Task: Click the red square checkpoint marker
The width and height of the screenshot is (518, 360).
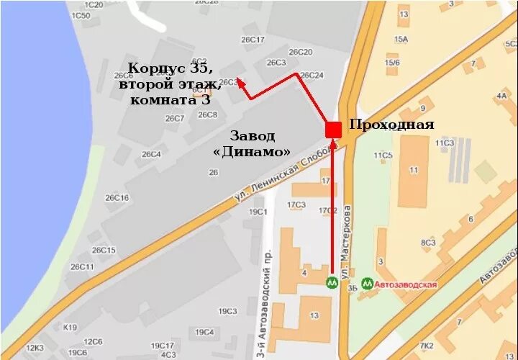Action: click(333, 130)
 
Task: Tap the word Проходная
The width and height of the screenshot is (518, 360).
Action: click(391, 125)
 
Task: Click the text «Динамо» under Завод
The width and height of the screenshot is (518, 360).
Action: click(253, 152)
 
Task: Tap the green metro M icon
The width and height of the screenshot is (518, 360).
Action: click(368, 283)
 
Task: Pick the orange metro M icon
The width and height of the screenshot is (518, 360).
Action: click(332, 282)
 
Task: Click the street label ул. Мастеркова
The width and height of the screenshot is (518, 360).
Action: click(347, 241)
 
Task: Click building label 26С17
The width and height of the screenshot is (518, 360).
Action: click(253, 40)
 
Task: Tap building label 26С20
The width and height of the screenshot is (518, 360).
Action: click(300, 52)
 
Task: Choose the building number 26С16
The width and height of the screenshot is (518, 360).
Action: click(117, 197)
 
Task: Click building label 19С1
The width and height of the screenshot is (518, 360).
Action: click(258, 212)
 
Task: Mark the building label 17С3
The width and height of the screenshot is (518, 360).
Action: click(296, 205)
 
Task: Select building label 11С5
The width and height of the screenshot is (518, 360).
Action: click(383, 155)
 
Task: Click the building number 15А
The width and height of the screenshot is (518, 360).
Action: click(401, 40)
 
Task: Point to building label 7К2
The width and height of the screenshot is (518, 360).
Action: click(427, 346)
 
